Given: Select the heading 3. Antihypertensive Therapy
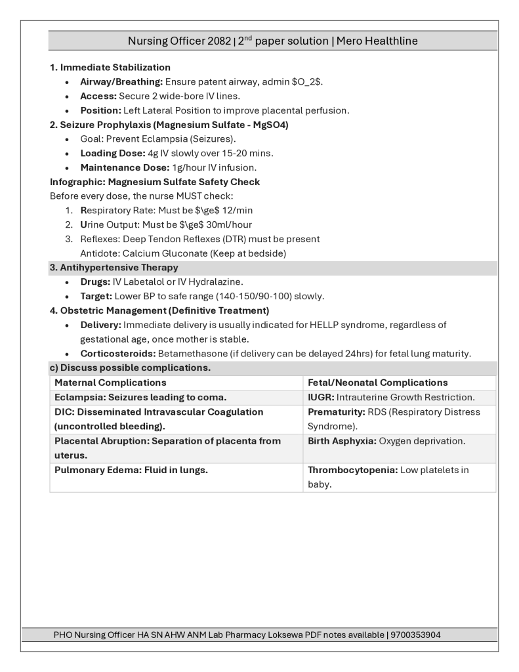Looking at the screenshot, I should [114, 268].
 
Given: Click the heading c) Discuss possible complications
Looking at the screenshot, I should [131, 367].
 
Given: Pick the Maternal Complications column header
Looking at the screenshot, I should [111, 382].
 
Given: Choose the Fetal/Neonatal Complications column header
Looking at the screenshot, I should [378, 382].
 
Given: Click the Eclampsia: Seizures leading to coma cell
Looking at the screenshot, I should [140, 397].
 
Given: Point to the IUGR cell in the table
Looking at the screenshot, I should [391, 397].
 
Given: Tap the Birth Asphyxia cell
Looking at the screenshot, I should [386, 441].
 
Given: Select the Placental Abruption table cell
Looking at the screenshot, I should [167, 448].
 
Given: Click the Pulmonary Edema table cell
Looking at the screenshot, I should [131, 470].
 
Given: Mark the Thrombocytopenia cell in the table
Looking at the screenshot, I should [388, 476].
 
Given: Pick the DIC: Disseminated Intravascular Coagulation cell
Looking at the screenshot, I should [159, 419].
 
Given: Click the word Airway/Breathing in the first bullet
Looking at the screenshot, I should [121, 82].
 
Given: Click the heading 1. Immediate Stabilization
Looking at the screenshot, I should [110, 68].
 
